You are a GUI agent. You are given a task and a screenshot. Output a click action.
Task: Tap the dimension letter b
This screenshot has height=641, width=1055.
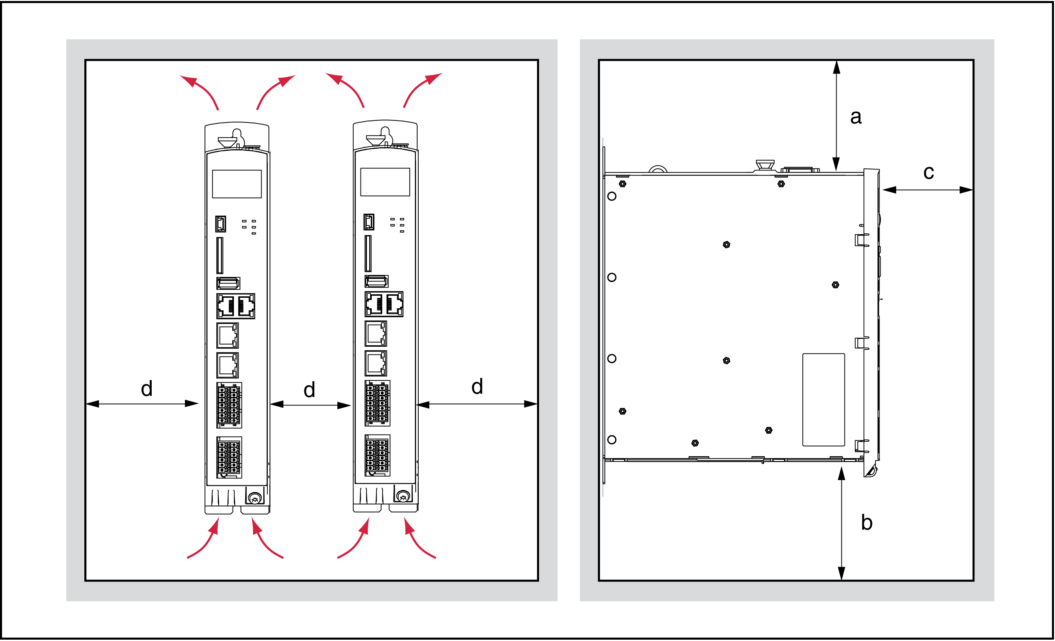[x=867, y=522]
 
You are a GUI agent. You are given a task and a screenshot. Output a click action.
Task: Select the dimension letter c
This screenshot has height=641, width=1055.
[x=928, y=172]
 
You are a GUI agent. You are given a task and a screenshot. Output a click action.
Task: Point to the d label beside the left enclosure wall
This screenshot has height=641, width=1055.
[x=147, y=388]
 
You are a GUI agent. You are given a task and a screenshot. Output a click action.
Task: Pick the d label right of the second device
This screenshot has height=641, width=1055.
[x=477, y=386]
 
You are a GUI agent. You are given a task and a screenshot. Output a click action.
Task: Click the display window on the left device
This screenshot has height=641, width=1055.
[x=237, y=184]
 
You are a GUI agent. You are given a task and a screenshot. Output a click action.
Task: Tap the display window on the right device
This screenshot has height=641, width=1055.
[x=385, y=182]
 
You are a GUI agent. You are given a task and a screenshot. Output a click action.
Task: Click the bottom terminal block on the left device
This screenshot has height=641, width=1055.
[x=229, y=457]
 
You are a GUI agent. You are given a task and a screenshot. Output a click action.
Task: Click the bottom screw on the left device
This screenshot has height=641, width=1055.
[x=255, y=498]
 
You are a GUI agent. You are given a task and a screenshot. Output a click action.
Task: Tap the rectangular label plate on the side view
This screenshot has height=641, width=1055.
[x=823, y=399]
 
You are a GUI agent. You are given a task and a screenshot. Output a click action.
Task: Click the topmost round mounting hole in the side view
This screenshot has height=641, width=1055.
[x=612, y=196]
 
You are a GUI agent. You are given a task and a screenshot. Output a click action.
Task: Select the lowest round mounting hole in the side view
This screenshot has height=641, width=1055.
[x=612, y=439]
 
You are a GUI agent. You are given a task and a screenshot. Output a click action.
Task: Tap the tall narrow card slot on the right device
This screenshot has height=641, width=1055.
[x=368, y=253]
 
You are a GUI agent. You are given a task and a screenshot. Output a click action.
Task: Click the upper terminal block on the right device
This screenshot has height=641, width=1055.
[x=377, y=403]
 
